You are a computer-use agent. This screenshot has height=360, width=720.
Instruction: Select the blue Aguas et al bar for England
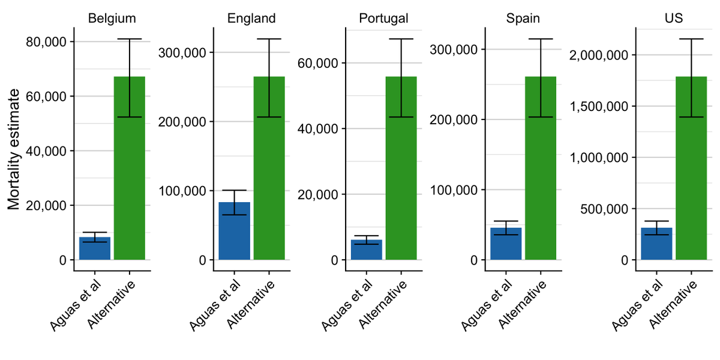234,231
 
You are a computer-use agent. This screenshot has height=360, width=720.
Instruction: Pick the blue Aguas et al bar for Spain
506,244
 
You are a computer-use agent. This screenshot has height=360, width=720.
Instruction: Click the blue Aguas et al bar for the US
656,244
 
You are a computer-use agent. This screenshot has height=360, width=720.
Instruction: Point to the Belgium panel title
112,18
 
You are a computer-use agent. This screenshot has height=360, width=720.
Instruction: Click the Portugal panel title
383,18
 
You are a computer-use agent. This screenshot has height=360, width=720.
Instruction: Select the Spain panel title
523,18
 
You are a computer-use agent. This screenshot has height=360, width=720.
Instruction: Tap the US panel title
673,18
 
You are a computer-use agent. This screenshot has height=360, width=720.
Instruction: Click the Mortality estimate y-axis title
14,150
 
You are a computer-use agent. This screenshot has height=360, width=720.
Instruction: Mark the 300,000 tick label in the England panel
181,52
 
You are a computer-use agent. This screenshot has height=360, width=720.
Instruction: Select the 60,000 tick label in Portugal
317,62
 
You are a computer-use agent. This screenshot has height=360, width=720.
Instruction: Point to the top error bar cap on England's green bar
269,39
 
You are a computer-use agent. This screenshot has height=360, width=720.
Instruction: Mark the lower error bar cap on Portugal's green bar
401,117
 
